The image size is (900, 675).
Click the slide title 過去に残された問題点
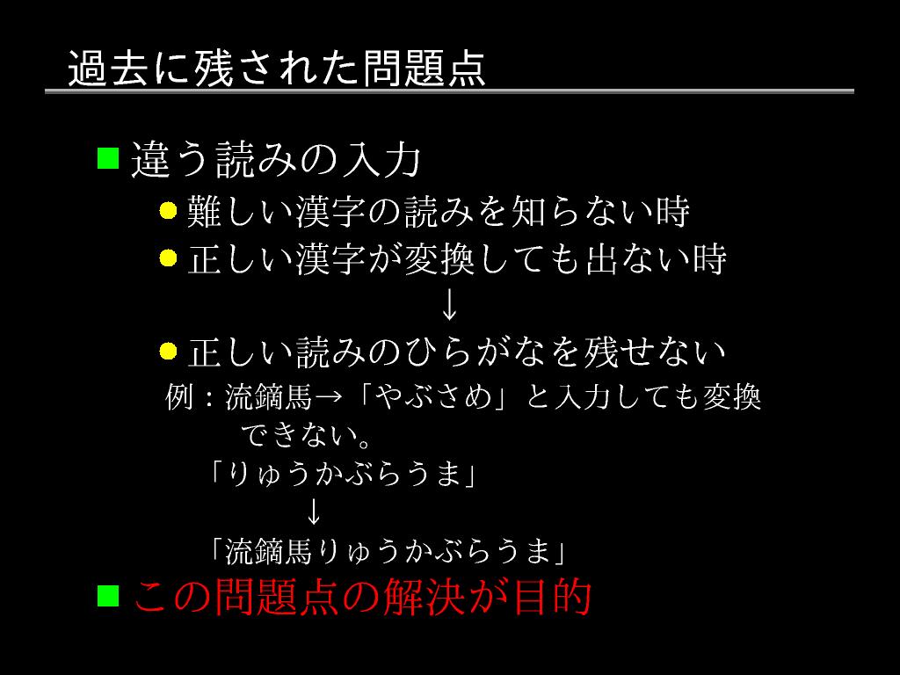[x=276, y=69]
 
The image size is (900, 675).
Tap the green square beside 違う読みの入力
[x=107, y=158]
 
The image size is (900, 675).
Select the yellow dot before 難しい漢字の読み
[x=169, y=211]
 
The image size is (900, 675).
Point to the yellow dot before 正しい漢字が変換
[x=169, y=258]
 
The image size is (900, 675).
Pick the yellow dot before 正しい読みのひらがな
[x=169, y=352]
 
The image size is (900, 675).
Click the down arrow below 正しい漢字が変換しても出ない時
[x=449, y=305]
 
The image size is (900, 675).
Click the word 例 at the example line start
[x=178, y=398]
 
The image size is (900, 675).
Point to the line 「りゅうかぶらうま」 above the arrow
[x=342, y=475]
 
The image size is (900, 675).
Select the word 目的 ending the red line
[x=554, y=598]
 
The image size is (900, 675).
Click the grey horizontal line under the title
[x=449, y=91]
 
